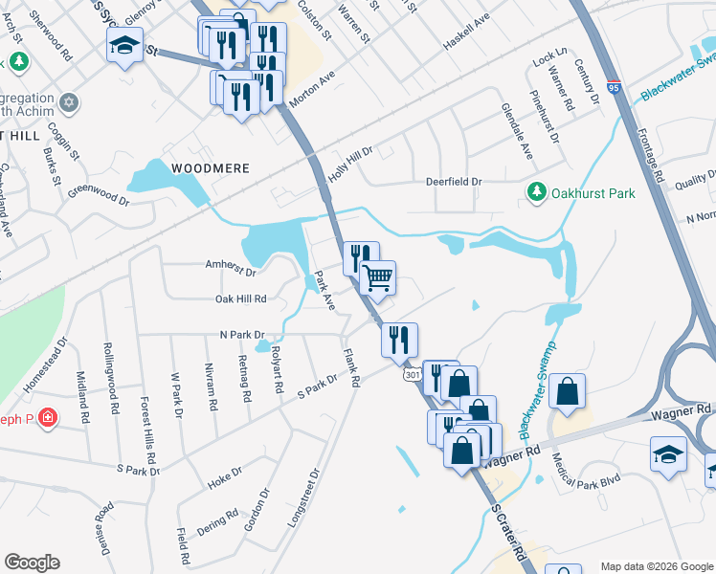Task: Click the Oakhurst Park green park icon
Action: click(x=537, y=193)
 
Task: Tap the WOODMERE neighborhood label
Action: click(x=210, y=168)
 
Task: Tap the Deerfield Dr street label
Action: click(x=451, y=182)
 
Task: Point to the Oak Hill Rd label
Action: click(x=239, y=299)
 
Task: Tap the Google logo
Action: click(x=32, y=563)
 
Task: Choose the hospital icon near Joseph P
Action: click(x=47, y=418)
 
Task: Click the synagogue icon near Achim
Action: click(x=68, y=101)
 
